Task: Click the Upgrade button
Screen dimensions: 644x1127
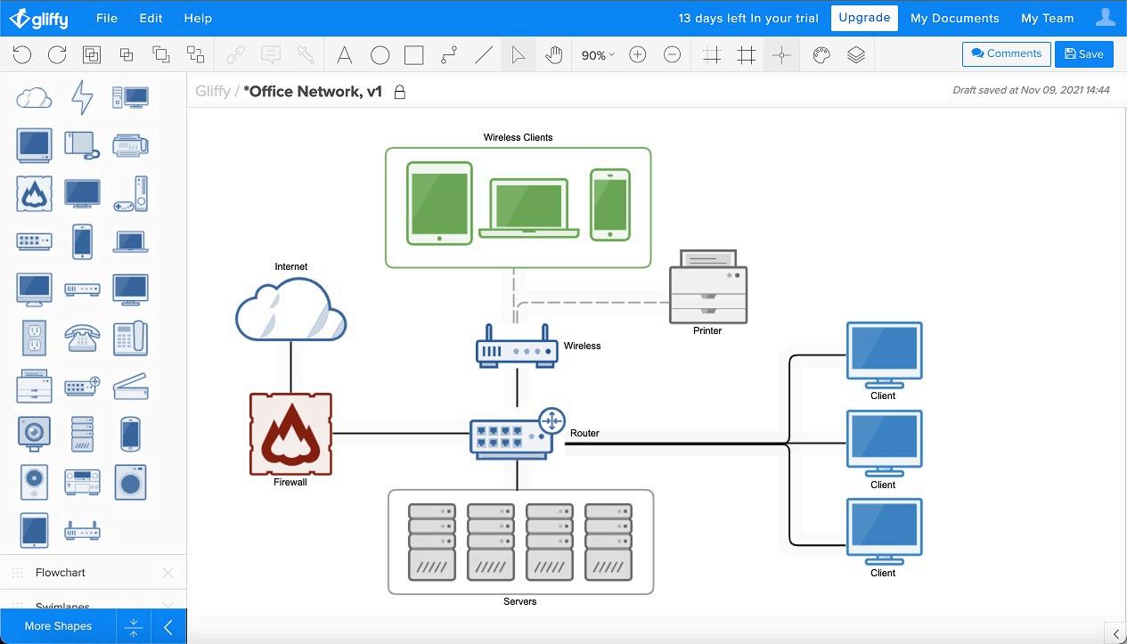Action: pyautogui.click(x=863, y=18)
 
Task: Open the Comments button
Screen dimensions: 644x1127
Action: pyautogui.click(x=1006, y=53)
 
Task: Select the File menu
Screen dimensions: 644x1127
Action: pyautogui.click(x=106, y=18)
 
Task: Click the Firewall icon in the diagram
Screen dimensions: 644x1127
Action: pyautogui.click(x=290, y=434)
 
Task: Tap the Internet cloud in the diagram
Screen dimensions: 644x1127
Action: pyautogui.click(x=290, y=310)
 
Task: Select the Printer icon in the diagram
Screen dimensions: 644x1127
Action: pyautogui.click(x=708, y=286)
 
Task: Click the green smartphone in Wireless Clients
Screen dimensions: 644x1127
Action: pyautogui.click(x=610, y=205)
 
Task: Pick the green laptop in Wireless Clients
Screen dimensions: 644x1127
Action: pyautogui.click(x=529, y=208)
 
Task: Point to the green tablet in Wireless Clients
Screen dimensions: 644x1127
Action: pyautogui.click(x=439, y=203)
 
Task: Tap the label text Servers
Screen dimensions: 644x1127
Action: pyautogui.click(x=519, y=601)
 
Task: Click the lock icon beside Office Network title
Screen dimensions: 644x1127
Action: pyautogui.click(x=400, y=92)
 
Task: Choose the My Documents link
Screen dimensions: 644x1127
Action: pyautogui.click(x=954, y=18)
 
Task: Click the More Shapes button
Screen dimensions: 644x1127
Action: pyautogui.click(x=58, y=626)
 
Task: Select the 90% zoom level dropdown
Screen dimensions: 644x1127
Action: pyautogui.click(x=597, y=55)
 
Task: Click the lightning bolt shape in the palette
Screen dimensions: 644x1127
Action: pyautogui.click(x=82, y=97)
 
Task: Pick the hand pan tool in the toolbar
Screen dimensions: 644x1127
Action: pyautogui.click(x=554, y=55)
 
